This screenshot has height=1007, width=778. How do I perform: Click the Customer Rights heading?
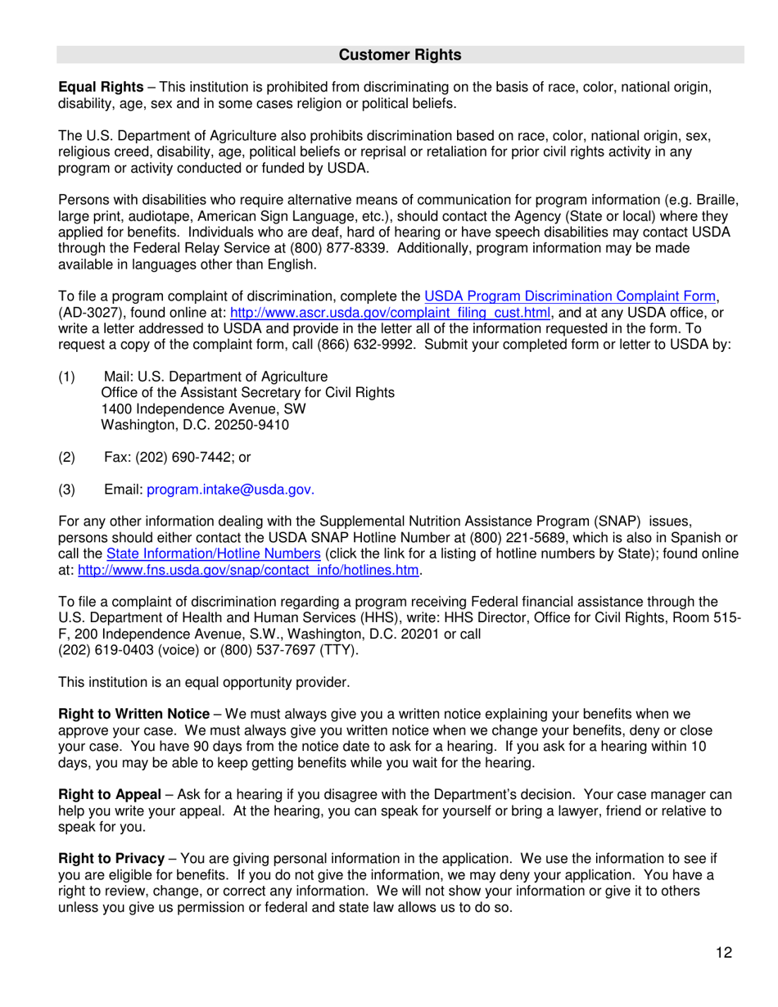[x=400, y=55]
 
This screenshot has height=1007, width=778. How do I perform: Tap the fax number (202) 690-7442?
[x=188, y=457]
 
